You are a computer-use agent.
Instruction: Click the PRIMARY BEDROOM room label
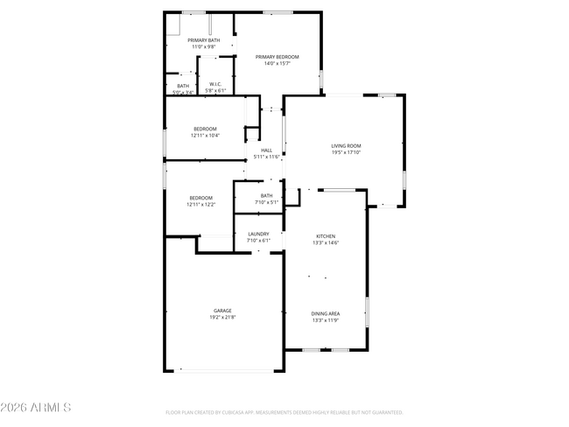click(277, 57)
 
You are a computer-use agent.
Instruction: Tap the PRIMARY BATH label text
click(202, 40)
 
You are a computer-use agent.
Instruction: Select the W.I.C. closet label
click(215, 84)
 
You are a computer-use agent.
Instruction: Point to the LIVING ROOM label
click(346, 145)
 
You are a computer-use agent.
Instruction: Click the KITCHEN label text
click(326, 236)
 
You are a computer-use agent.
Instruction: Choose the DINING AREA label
click(326, 313)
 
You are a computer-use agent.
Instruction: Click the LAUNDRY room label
click(258, 234)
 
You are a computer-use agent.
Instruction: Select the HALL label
click(266, 150)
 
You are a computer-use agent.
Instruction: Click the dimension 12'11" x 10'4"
click(205, 136)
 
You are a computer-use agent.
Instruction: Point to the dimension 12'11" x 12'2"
click(200, 205)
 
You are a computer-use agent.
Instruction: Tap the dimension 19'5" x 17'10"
click(346, 152)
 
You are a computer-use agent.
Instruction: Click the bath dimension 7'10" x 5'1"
click(266, 202)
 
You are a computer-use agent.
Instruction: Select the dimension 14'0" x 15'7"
click(277, 63)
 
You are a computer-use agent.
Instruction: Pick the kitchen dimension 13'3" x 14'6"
click(326, 242)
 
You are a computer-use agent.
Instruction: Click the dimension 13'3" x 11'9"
click(326, 320)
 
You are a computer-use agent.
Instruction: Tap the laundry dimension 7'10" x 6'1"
click(258, 241)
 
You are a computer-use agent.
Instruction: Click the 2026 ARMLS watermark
click(36, 408)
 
